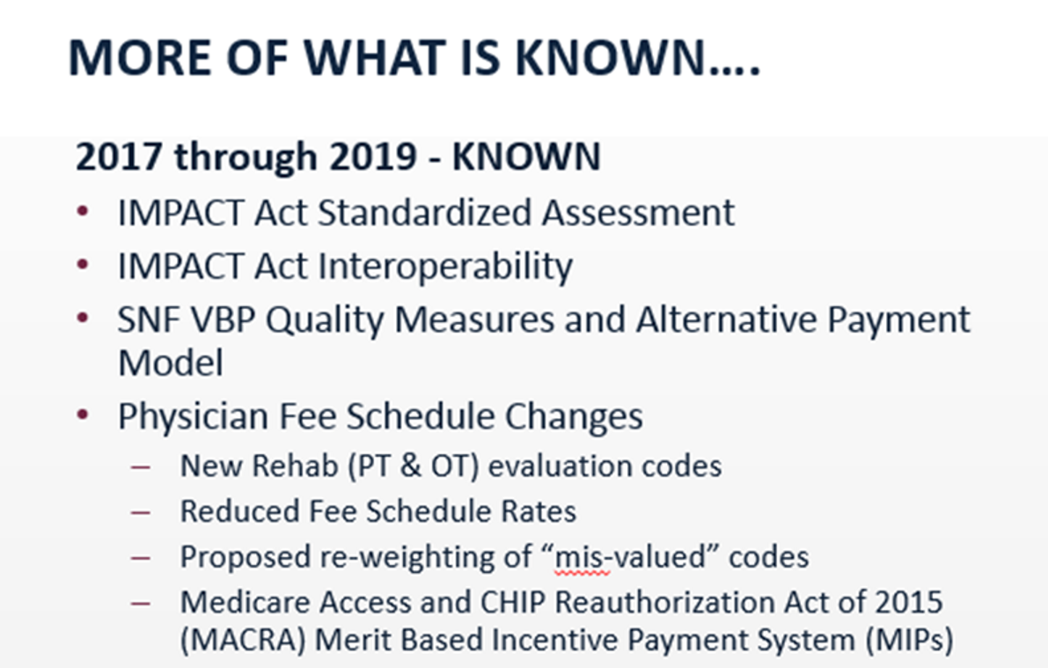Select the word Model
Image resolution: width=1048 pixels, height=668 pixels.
(171, 363)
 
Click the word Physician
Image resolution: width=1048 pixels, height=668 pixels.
(194, 417)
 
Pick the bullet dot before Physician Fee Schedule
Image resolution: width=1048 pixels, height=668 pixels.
(83, 415)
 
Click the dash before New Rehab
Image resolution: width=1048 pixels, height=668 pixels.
(141, 466)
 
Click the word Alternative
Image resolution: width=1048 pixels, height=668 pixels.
(727, 319)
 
